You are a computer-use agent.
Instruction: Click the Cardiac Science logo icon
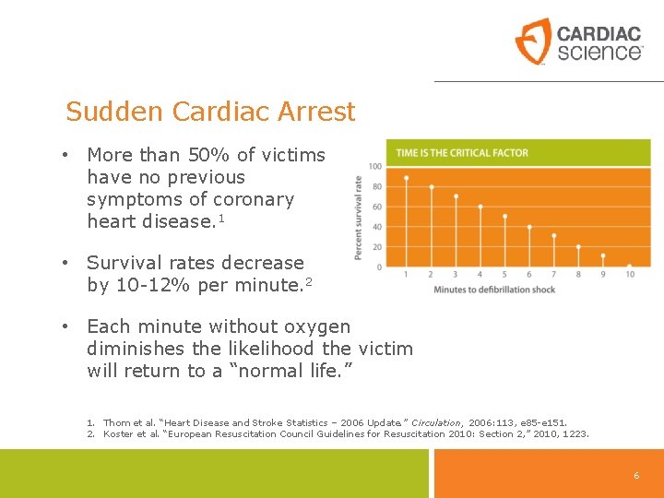[x=532, y=41]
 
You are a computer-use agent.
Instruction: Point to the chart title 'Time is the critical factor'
[x=462, y=153]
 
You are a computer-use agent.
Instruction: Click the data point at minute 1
[x=407, y=177]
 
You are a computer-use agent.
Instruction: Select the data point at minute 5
[x=504, y=216]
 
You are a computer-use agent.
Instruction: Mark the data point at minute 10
[x=629, y=267]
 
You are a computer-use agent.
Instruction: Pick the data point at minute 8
[x=579, y=246]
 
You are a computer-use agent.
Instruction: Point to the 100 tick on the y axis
[x=375, y=166]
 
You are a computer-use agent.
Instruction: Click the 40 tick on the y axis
[x=377, y=227]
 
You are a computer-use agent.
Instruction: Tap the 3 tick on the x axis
[x=456, y=274]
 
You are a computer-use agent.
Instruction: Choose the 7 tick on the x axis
[x=553, y=274]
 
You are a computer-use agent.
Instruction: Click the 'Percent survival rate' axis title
[x=359, y=217]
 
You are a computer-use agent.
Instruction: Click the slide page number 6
[x=635, y=475]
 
